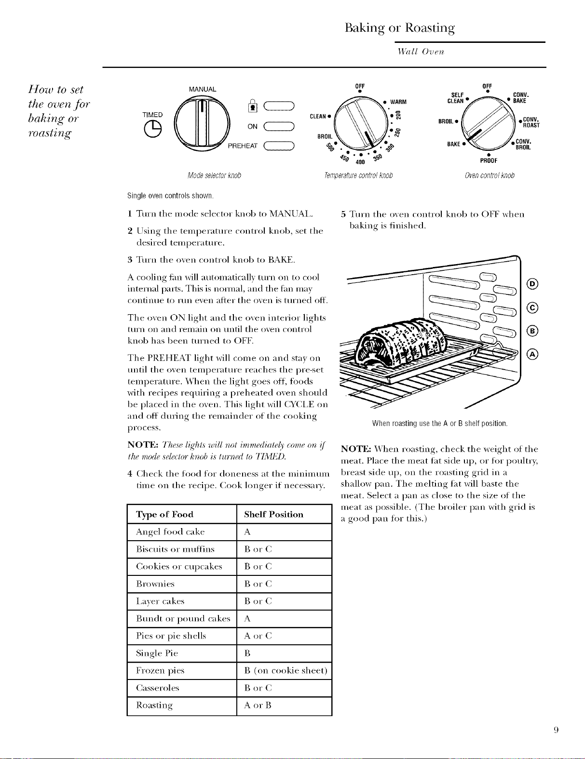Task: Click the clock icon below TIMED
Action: (153, 129)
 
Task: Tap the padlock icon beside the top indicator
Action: (253, 106)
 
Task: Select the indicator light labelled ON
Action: (279, 126)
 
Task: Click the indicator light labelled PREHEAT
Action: (279, 146)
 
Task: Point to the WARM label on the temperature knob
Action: (398, 102)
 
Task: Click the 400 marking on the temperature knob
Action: (360, 162)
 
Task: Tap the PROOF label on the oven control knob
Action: (489, 160)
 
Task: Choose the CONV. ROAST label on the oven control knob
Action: (531, 122)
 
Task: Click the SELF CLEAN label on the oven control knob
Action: (456, 98)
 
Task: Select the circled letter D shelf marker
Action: (532, 284)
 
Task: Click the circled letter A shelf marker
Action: (532, 355)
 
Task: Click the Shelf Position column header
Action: (273, 514)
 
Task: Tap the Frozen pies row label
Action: (160, 671)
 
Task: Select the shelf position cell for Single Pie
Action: (284, 653)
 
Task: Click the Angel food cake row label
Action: (170, 532)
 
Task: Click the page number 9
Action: (556, 739)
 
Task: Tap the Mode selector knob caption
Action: (214, 175)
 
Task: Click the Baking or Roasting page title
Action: (400, 27)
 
